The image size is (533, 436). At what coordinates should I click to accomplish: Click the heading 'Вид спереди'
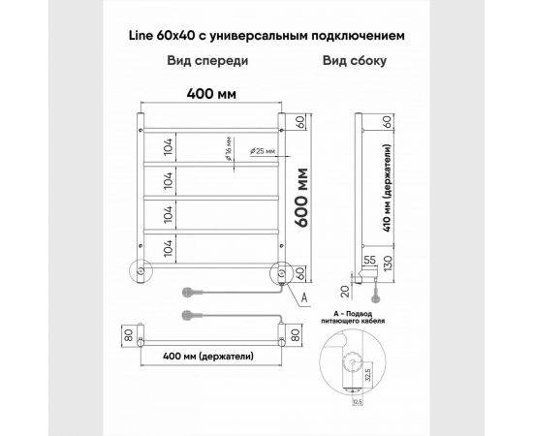pos(204,60)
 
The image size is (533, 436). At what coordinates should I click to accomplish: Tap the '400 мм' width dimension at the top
pos(212,96)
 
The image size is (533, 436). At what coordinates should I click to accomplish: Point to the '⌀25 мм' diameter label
pos(262,151)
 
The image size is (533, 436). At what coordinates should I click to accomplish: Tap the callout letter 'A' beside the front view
pos(304,296)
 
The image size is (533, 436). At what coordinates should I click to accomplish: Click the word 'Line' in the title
pos(141,35)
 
